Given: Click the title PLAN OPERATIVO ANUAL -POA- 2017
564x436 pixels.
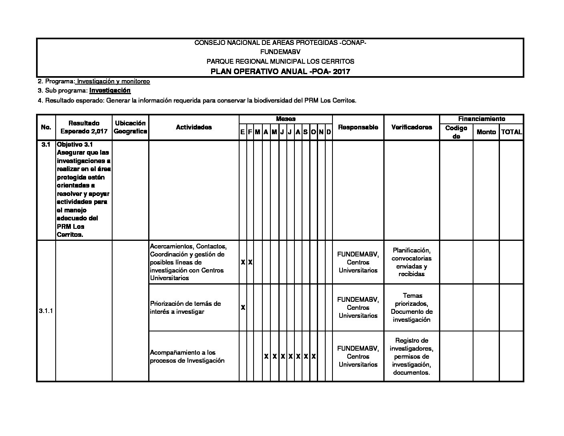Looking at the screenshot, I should (280, 72).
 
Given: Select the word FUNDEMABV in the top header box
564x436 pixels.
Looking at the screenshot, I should (280, 52).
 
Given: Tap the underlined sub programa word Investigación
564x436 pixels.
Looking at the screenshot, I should (110, 91).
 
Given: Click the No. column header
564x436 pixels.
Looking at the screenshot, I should (46, 127).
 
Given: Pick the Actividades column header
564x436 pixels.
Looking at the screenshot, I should (194, 127).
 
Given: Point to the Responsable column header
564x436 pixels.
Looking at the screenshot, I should (358, 127).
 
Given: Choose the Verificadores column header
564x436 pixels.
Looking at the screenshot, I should (411, 127).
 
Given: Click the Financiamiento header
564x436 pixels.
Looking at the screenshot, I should (481, 119).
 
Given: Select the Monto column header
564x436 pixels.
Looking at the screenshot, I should (486, 132).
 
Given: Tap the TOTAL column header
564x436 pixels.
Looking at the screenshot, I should (512, 132).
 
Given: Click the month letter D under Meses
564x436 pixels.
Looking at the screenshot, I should (328, 132).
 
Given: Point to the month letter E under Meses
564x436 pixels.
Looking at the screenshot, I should (243, 132).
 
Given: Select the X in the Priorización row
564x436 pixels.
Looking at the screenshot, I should (243, 307).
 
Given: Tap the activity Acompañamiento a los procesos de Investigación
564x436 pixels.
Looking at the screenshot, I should (187, 356).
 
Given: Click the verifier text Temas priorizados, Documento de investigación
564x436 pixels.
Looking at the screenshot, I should (411, 307).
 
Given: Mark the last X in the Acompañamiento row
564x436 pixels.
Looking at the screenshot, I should (314, 356).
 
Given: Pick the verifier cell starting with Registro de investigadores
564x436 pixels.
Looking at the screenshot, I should (411, 356).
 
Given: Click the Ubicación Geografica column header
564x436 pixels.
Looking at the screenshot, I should (130, 127).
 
